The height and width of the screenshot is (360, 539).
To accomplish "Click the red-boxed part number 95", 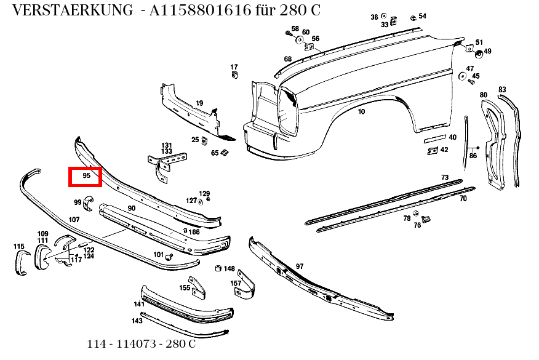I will [x=86, y=176].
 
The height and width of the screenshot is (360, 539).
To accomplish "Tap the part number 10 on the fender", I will [x=361, y=111].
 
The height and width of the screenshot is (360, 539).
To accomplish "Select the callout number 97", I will [x=300, y=266].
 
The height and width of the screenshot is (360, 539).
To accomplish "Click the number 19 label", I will [x=199, y=103].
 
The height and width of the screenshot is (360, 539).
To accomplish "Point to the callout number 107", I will [x=74, y=220].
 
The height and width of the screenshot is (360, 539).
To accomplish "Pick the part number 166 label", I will [x=194, y=232].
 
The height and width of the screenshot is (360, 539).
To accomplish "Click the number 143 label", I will [x=137, y=321].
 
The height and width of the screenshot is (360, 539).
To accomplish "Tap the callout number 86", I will [x=473, y=156].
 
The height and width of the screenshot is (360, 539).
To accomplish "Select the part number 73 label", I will [x=445, y=177].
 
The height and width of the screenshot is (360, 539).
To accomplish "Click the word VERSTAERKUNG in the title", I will [x=71, y=10].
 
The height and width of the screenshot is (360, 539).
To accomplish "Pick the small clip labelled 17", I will [x=234, y=75].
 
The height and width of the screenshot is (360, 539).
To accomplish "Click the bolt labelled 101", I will [x=170, y=256].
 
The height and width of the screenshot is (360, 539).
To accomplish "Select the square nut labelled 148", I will [x=218, y=269].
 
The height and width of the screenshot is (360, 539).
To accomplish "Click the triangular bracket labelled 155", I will [x=197, y=286].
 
